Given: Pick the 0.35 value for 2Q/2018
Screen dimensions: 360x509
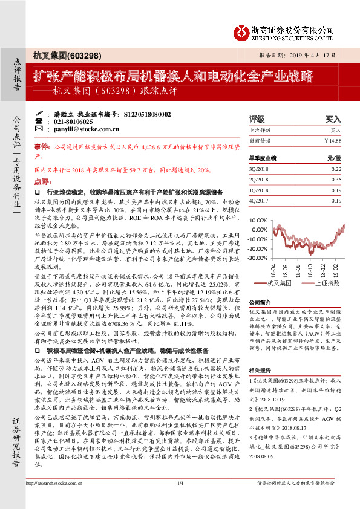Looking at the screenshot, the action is pos(336,180).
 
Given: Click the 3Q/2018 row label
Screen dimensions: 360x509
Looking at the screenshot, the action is pos(259,170).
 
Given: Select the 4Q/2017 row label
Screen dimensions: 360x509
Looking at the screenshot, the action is pos(259,201).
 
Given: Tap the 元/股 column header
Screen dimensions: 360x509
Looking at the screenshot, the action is pos(334,158).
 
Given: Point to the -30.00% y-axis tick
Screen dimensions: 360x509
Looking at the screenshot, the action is pos(260,258).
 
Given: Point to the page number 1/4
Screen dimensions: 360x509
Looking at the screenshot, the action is pos(180,500).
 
